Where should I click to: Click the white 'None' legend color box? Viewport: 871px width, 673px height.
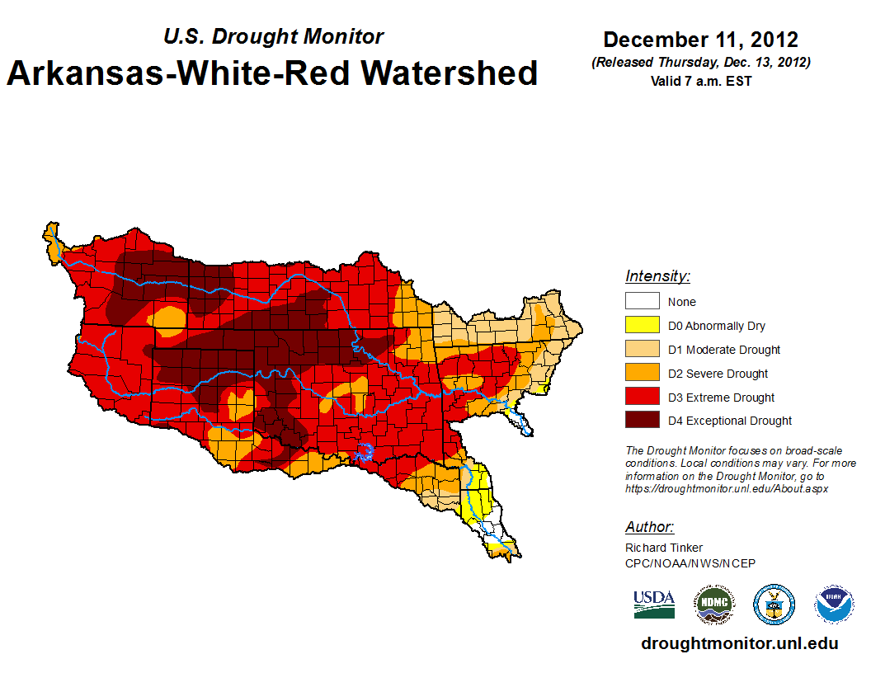[x=642, y=302]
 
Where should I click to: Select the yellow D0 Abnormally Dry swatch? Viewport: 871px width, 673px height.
[x=642, y=326]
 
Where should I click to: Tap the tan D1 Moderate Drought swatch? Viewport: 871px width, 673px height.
[x=642, y=350]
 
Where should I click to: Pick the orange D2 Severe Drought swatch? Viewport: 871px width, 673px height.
[x=642, y=374]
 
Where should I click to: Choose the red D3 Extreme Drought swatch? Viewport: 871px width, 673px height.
[x=642, y=398]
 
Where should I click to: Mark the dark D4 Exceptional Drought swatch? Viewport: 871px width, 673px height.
[x=642, y=421]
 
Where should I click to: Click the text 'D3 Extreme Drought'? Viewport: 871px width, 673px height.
[x=721, y=398]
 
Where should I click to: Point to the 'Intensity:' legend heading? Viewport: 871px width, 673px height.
[x=657, y=276]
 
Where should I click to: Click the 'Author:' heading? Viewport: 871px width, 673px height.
[x=649, y=527]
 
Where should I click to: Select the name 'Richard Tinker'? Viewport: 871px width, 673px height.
[x=664, y=548]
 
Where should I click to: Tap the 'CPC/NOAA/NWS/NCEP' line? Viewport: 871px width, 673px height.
[x=690, y=563]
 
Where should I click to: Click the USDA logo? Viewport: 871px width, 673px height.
[x=654, y=605]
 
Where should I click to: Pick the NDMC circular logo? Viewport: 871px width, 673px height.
[x=713, y=605]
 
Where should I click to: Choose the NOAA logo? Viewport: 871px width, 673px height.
[x=834, y=605]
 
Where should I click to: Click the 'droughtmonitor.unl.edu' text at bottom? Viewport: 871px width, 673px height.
[x=739, y=644]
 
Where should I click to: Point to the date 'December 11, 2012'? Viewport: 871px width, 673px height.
[x=700, y=40]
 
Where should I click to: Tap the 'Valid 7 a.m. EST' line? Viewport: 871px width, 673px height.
[x=700, y=82]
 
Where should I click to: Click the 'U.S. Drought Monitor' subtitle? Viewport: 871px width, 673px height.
[x=273, y=36]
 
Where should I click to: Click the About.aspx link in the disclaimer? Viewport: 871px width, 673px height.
[x=727, y=488]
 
